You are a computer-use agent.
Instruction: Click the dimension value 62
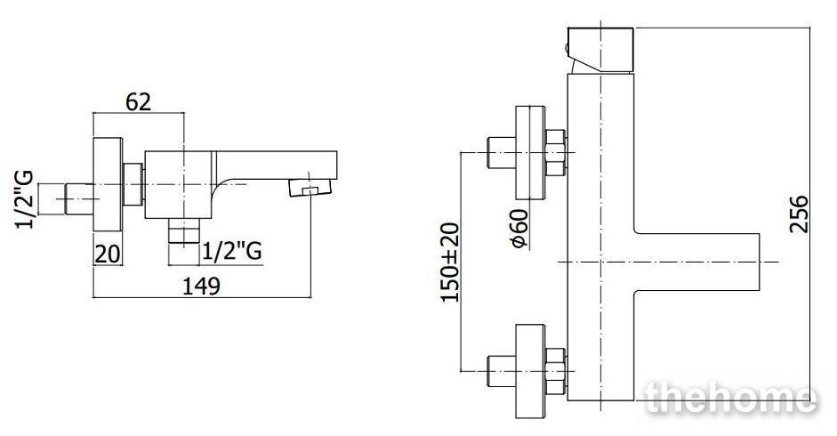click(x=138, y=101)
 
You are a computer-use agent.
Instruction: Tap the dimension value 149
click(x=201, y=287)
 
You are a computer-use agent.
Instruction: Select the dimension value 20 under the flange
click(x=108, y=254)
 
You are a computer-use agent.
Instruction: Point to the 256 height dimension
click(x=799, y=214)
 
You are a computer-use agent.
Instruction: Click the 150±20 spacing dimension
click(x=450, y=262)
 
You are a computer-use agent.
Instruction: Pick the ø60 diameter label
click(x=519, y=229)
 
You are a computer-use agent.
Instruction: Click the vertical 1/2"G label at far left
click(x=25, y=199)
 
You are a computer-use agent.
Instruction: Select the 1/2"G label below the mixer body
click(x=232, y=251)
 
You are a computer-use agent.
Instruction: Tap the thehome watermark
click(x=731, y=398)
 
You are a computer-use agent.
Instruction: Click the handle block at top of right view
click(x=600, y=50)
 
